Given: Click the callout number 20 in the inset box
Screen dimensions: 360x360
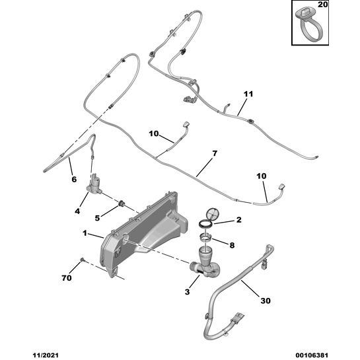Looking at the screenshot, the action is click(x=322, y=5).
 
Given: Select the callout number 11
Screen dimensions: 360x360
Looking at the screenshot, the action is click(x=248, y=94).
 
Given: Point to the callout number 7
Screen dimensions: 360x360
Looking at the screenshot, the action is click(x=215, y=153).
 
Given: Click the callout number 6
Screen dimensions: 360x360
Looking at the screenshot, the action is click(x=74, y=179).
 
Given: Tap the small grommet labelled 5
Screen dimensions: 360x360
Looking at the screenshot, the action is click(x=121, y=203).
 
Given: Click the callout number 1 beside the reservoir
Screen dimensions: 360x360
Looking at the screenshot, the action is click(x=85, y=233).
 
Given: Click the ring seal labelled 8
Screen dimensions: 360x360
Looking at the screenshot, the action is click(x=205, y=237).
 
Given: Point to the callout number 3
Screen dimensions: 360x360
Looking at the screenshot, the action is click(x=187, y=292).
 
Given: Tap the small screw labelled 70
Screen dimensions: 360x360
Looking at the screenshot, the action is click(x=82, y=260).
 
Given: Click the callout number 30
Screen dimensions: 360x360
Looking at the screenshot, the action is click(x=266, y=301).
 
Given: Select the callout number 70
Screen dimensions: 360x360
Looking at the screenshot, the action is click(x=67, y=278).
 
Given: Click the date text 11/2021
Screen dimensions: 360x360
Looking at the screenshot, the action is click(x=46, y=355).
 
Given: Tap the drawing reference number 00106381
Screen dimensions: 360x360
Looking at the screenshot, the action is click(x=312, y=355).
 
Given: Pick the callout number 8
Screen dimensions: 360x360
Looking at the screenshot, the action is click(x=232, y=246).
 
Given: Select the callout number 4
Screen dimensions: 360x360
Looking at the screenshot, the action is click(x=77, y=211).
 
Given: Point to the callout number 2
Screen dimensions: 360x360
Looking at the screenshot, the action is click(x=239, y=220).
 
